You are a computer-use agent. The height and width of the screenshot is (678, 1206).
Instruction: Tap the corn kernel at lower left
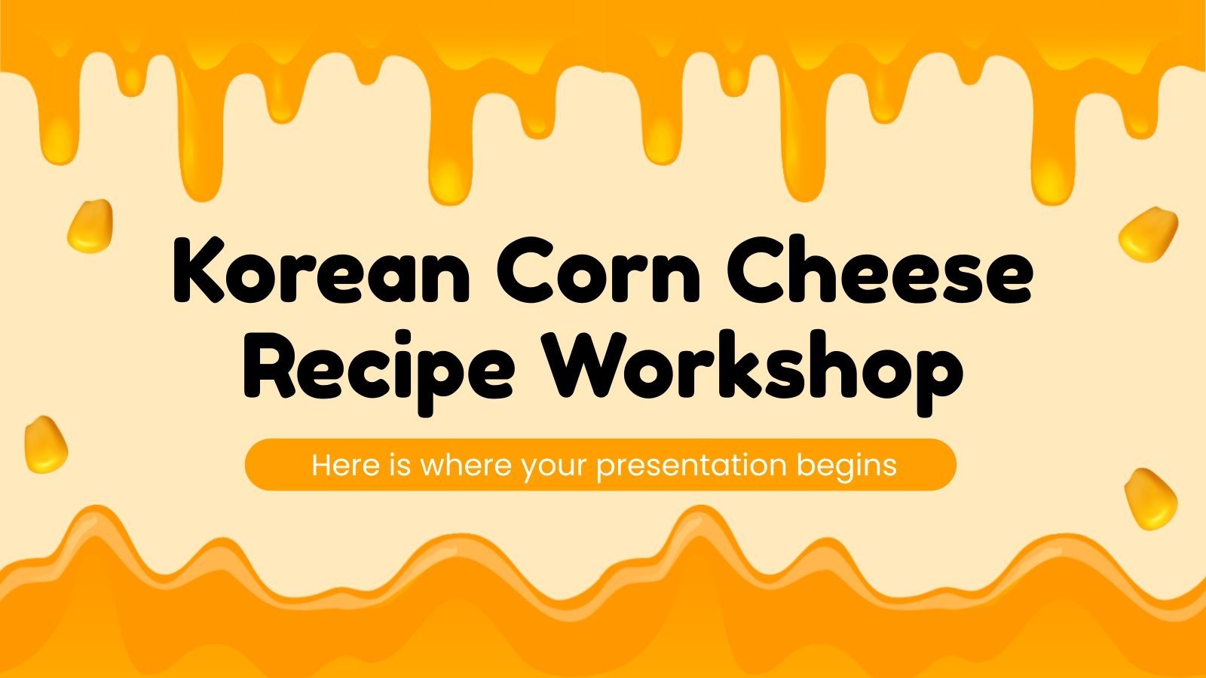pyautogui.click(x=46, y=444)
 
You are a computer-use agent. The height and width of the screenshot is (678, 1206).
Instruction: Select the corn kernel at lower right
pyautogui.click(x=1150, y=498)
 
